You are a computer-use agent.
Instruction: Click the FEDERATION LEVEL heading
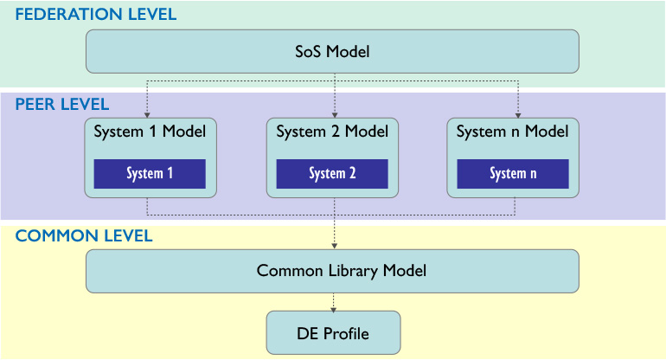pyautogui.click(x=95, y=15)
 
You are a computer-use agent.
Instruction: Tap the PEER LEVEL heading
pyautogui.click(x=62, y=104)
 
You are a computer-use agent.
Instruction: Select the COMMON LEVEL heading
pyautogui.click(x=84, y=236)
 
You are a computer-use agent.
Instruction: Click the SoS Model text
pyautogui.click(x=332, y=51)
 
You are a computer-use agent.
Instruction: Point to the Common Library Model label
pyautogui.click(x=341, y=271)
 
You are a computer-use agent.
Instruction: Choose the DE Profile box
pyautogui.click(x=333, y=333)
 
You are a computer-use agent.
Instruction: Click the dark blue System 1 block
pyautogui.click(x=150, y=174)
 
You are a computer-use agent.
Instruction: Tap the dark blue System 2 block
pyautogui.click(x=332, y=174)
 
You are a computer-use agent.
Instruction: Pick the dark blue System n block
pyautogui.click(x=513, y=174)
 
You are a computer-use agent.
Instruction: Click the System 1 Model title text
pyautogui.click(x=150, y=132)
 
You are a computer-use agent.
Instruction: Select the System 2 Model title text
pyautogui.click(x=332, y=132)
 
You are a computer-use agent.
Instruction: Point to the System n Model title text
pyautogui.click(x=512, y=132)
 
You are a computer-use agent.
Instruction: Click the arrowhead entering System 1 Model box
pyautogui.click(x=147, y=115)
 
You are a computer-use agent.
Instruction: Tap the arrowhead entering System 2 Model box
pyautogui.click(x=335, y=115)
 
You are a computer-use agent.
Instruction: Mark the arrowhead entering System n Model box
pyautogui.click(x=518, y=115)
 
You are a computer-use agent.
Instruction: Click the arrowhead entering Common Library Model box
pyautogui.click(x=334, y=246)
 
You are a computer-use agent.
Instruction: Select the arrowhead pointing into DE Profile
pyautogui.click(x=333, y=311)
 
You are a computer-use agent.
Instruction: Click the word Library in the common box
pyautogui.click(x=353, y=271)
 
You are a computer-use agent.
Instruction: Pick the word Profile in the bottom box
pyautogui.click(x=346, y=334)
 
